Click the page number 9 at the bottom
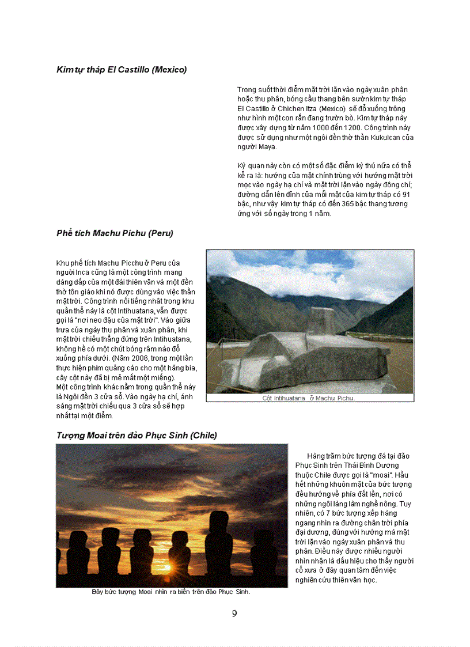[234, 614]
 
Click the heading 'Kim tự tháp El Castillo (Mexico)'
[122, 70]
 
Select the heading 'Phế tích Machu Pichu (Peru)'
[115, 233]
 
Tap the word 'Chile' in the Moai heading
[203, 436]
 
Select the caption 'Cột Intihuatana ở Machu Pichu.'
[309, 398]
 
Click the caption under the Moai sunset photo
[171, 592]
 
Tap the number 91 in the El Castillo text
[405, 194]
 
